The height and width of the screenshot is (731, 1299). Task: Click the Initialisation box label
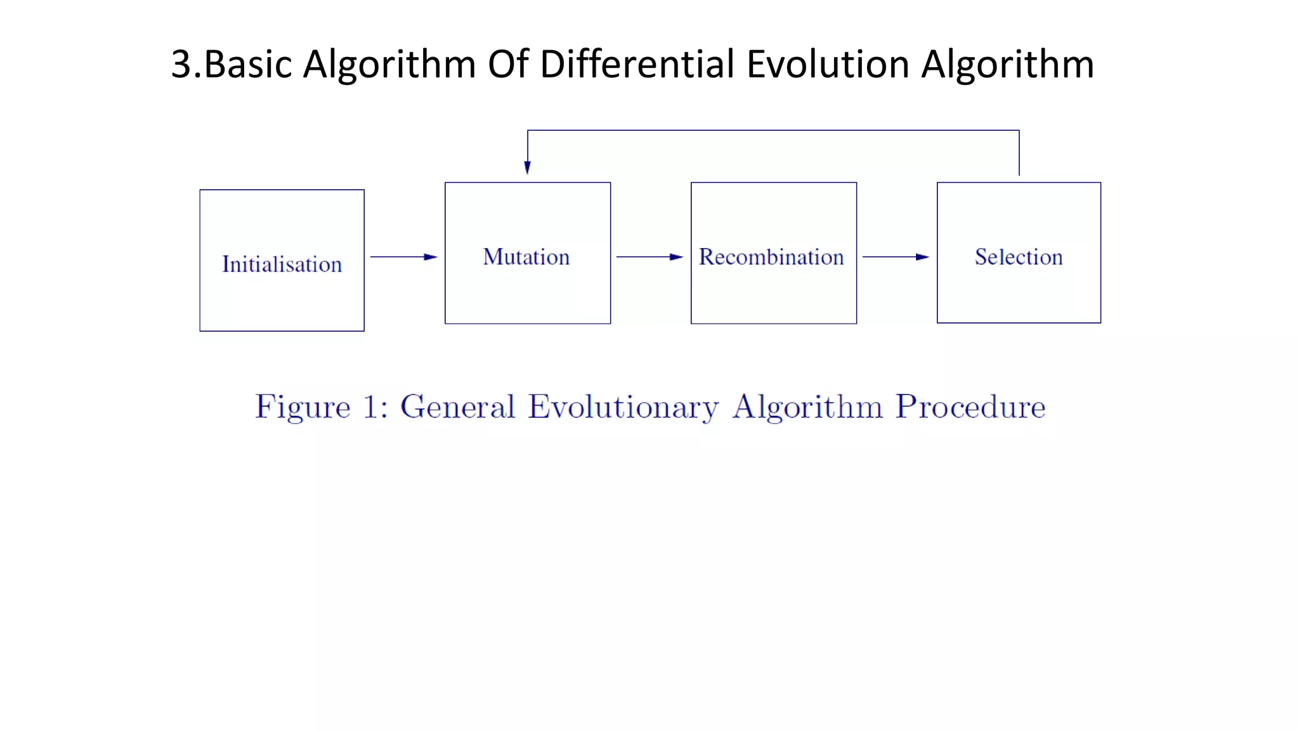pyautogui.click(x=282, y=264)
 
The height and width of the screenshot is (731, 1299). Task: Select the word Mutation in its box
pyautogui.click(x=526, y=257)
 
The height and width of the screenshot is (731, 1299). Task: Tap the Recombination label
pyautogui.click(x=771, y=257)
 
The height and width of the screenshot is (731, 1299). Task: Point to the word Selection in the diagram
pyautogui.click(x=1019, y=257)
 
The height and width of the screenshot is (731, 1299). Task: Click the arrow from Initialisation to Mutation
pyautogui.click(x=404, y=257)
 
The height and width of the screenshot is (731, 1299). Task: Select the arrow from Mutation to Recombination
pyautogui.click(x=649, y=257)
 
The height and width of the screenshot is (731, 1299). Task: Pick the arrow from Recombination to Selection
pyautogui.click(x=896, y=257)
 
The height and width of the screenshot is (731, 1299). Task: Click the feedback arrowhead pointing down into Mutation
pyautogui.click(x=527, y=167)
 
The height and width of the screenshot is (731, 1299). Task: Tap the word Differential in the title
pyautogui.click(x=637, y=64)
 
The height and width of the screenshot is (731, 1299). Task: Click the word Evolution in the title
pyautogui.click(x=828, y=64)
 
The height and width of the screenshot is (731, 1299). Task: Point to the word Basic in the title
pyautogui.click(x=248, y=64)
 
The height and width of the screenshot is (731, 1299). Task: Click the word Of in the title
pyautogui.click(x=507, y=64)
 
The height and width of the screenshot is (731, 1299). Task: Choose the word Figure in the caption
pyautogui.click(x=303, y=407)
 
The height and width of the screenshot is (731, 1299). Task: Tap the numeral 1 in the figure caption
pyautogui.click(x=370, y=407)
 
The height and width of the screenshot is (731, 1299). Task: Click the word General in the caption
pyautogui.click(x=457, y=407)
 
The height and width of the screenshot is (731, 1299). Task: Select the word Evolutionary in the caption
pyautogui.click(x=623, y=407)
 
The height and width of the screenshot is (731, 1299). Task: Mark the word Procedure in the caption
pyautogui.click(x=970, y=407)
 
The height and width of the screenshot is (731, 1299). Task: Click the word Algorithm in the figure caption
pyautogui.click(x=807, y=407)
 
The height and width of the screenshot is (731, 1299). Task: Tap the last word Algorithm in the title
pyautogui.click(x=1007, y=64)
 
